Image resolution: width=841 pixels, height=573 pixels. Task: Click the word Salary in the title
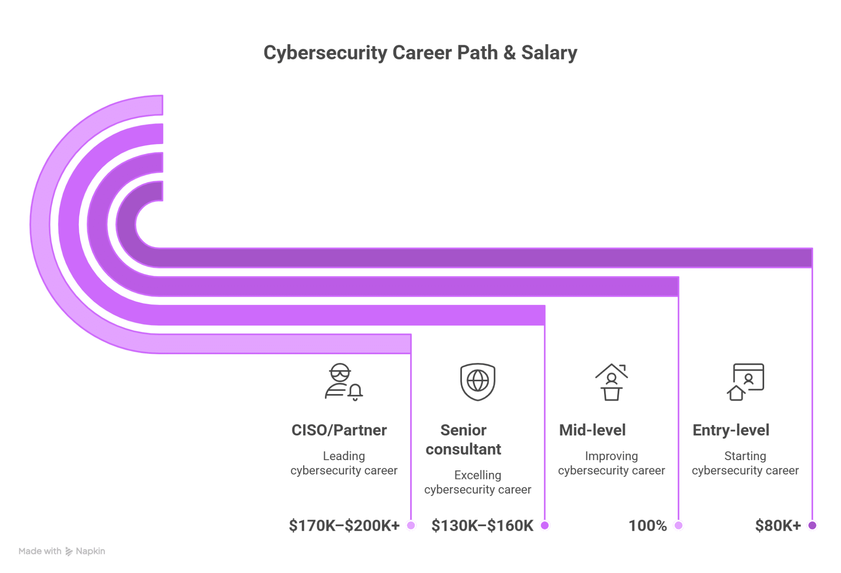pyautogui.click(x=549, y=53)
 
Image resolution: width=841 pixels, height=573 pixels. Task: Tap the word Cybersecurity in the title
pyautogui.click(x=325, y=53)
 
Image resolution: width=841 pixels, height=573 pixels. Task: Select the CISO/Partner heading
pyautogui.click(x=339, y=430)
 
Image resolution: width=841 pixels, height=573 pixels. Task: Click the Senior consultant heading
pyautogui.click(x=463, y=440)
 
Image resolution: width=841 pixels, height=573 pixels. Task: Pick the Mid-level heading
pyautogui.click(x=592, y=430)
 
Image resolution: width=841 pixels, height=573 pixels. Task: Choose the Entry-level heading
pyautogui.click(x=731, y=430)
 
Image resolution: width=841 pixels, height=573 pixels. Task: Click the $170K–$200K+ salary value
pyautogui.click(x=344, y=525)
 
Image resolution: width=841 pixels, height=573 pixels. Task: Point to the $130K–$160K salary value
pyautogui.click(x=482, y=525)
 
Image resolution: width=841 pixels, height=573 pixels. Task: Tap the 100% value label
pyautogui.click(x=648, y=525)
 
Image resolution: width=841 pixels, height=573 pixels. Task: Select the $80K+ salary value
pyautogui.click(x=778, y=525)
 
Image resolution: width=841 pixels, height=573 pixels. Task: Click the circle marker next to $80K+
pyautogui.click(x=812, y=525)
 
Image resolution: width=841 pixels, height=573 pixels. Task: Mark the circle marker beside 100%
pyautogui.click(x=678, y=525)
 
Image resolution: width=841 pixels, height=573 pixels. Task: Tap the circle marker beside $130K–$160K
pyautogui.click(x=545, y=525)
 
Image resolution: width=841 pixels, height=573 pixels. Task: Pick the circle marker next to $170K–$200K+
pyautogui.click(x=411, y=525)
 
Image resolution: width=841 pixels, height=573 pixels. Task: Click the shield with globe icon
pyautogui.click(x=478, y=382)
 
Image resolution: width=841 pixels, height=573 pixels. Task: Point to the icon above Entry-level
pyautogui.click(x=745, y=382)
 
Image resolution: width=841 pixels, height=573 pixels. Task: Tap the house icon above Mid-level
pyautogui.click(x=611, y=382)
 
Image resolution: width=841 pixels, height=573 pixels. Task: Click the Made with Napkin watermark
pyautogui.click(x=62, y=551)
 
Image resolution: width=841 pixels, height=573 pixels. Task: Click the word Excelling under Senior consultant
pyautogui.click(x=478, y=475)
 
